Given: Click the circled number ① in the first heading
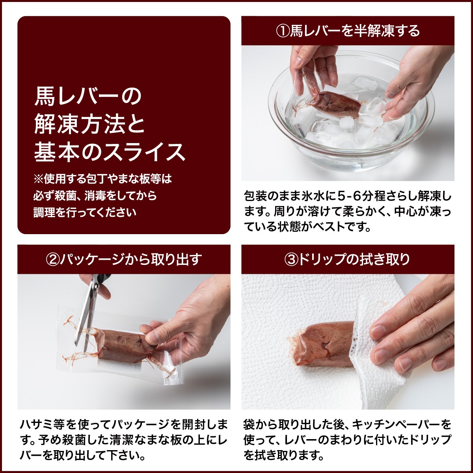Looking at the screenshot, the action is click(283, 32).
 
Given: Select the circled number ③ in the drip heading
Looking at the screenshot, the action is click(291, 260).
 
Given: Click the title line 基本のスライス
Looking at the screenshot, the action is click(110, 153).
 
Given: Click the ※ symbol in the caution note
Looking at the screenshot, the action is click(38, 179).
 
